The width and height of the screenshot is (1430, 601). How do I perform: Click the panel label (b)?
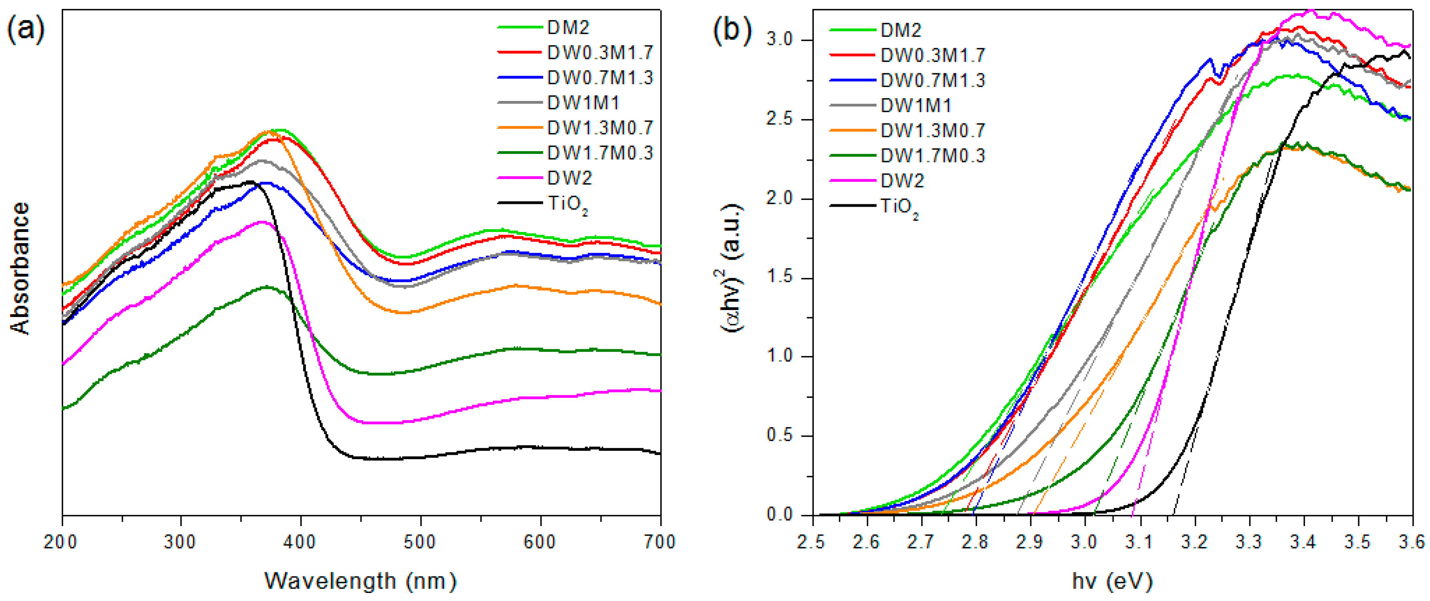click(x=732, y=29)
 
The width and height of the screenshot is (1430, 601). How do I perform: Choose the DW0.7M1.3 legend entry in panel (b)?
click(x=932, y=81)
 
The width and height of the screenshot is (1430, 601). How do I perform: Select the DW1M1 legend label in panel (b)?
click(x=916, y=105)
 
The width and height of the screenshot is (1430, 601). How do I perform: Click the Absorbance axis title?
click(x=20, y=268)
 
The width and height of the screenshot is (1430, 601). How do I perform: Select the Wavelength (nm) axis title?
click(x=361, y=581)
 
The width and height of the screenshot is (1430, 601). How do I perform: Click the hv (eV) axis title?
click(x=1112, y=581)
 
